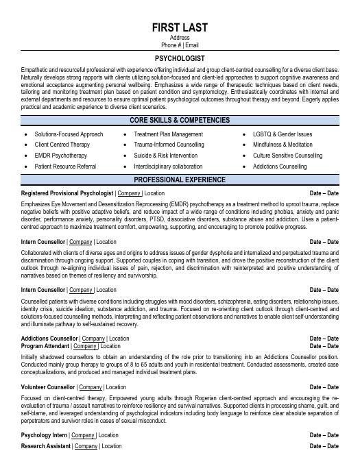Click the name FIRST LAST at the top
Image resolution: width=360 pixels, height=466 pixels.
click(180, 27)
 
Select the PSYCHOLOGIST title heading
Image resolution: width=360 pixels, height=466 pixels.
click(180, 59)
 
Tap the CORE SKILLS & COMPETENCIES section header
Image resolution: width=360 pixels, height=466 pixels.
click(180, 120)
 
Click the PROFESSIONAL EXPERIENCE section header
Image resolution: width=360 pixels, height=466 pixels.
click(180, 180)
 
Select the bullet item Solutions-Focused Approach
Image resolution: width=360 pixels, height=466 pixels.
click(69, 134)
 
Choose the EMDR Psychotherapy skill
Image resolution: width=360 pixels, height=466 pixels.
click(60, 156)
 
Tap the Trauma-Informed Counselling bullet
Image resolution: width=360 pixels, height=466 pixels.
click(169, 145)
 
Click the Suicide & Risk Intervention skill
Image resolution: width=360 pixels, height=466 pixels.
click(165, 156)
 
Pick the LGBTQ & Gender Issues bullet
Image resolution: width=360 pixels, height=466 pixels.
click(282, 134)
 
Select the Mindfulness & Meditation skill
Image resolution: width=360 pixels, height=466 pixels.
click(283, 145)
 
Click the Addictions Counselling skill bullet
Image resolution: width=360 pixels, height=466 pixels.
click(280, 167)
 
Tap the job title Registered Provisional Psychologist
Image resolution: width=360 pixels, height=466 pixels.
click(67, 193)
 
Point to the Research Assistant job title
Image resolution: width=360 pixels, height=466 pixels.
click(46, 446)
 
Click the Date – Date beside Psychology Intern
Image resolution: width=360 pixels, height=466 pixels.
click(324, 435)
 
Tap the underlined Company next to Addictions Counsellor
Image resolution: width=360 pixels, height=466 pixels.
click(93, 339)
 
